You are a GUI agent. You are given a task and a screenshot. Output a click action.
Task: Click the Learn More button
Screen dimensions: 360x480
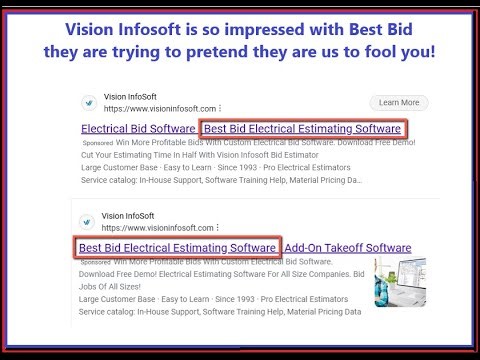tap(398, 102)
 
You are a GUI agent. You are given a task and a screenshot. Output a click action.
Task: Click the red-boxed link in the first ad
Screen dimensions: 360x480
tap(301, 129)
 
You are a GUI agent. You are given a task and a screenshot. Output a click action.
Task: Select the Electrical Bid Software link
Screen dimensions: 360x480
tap(137, 129)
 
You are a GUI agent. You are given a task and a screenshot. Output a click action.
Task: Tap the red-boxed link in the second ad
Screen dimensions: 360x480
tap(177, 247)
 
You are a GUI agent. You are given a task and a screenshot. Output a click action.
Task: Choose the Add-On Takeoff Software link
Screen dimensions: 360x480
tap(347, 247)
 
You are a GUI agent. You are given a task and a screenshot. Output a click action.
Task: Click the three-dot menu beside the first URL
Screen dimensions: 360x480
tap(219, 108)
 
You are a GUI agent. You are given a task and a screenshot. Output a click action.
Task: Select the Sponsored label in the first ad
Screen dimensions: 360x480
tap(98, 143)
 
